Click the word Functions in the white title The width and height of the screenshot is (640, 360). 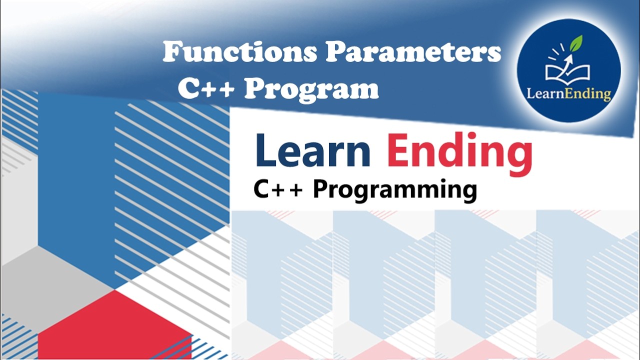click(240, 51)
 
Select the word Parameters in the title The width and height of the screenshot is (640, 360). click(413, 51)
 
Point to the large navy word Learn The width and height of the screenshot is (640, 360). click(313, 150)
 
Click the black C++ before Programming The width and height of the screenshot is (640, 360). click(278, 189)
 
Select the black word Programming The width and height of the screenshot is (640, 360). click(395, 190)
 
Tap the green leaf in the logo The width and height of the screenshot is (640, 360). click(576, 43)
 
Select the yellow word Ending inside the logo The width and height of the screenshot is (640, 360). click(588, 95)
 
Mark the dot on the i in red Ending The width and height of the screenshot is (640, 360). click(465, 136)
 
